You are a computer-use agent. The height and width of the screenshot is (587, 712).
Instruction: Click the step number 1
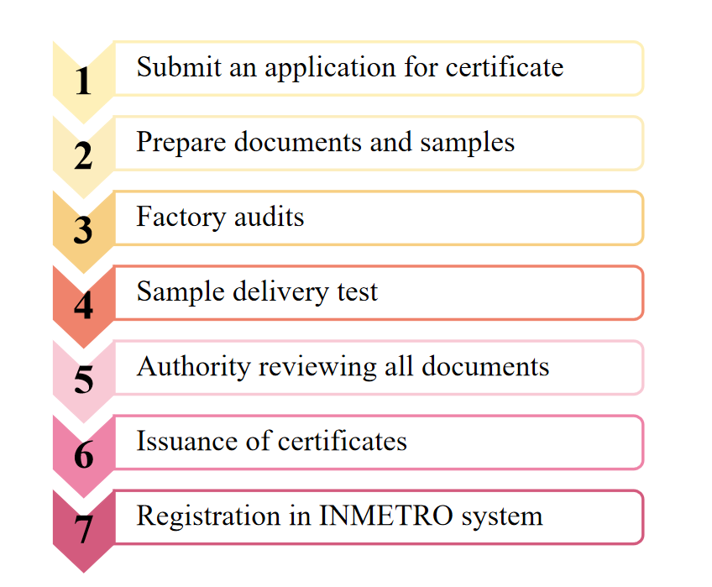tap(82, 82)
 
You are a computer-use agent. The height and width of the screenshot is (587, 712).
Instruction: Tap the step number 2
tap(82, 156)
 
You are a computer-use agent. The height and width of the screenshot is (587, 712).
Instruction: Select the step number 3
tap(82, 231)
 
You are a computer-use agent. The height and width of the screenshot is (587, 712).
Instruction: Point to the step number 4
tap(82, 306)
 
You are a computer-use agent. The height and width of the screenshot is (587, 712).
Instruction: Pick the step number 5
tap(83, 380)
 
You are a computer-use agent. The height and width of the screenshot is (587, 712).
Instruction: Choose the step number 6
tap(83, 455)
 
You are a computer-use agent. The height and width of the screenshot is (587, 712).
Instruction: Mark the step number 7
tap(83, 530)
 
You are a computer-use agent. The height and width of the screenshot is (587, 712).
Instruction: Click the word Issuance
tap(177, 441)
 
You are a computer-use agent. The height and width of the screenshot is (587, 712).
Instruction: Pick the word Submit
tap(171, 67)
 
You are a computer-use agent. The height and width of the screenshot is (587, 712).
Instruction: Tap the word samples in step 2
tap(466, 143)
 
